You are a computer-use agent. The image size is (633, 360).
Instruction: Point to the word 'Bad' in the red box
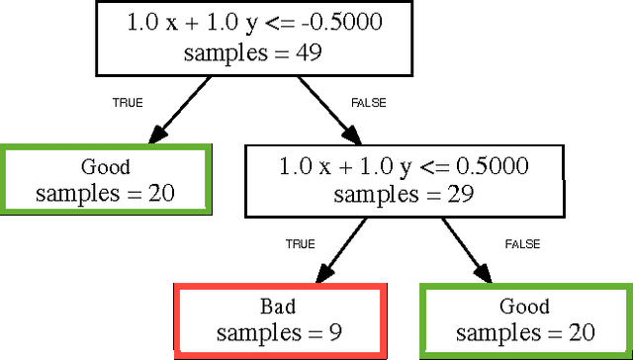(x=279, y=305)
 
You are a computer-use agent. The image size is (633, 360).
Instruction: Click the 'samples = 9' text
(x=279, y=332)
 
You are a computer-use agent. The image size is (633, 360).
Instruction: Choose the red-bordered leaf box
(x=279, y=319)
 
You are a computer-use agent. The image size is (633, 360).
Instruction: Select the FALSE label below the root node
(x=368, y=102)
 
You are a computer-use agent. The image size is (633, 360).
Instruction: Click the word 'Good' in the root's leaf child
(x=105, y=166)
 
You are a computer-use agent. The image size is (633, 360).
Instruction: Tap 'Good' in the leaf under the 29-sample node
(x=524, y=306)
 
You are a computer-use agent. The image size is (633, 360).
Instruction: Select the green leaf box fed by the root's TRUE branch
(x=105, y=179)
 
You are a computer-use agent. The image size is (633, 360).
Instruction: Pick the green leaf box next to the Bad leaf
(x=524, y=319)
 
